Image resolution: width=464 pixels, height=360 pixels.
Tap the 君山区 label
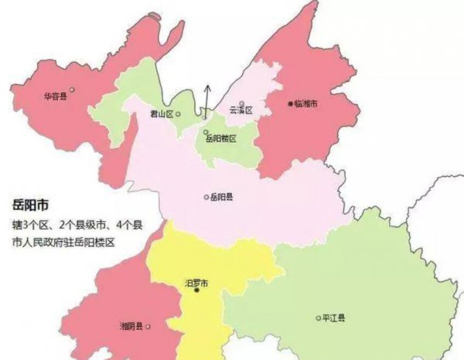[x=162, y=114]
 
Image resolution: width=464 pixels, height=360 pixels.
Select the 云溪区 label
[x=241, y=111]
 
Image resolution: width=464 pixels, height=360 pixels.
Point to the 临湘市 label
[x=307, y=104]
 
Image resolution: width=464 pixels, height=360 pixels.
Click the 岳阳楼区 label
[x=222, y=138]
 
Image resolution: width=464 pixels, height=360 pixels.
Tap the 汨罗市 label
[x=196, y=282]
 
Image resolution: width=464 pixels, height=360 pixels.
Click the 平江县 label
[x=334, y=318]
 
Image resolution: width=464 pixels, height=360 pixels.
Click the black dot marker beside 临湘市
[x=290, y=104]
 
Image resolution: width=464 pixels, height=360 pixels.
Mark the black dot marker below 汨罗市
[x=196, y=291]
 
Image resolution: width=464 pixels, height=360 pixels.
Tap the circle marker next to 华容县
[x=71, y=97]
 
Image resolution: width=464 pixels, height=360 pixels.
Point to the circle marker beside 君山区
[x=179, y=114]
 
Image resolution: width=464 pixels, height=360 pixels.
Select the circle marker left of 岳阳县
[x=206, y=197]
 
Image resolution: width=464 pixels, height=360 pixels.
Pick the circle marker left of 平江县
[x=317, y=318]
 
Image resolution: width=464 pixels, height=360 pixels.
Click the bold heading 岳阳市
[x=30, y=206]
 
